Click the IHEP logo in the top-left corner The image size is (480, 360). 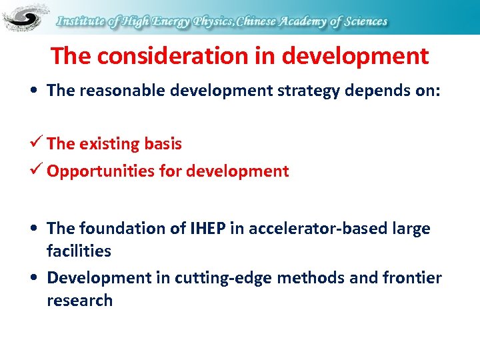25,18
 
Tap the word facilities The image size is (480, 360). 79,251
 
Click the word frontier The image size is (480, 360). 412,277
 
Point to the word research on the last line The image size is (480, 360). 79,301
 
